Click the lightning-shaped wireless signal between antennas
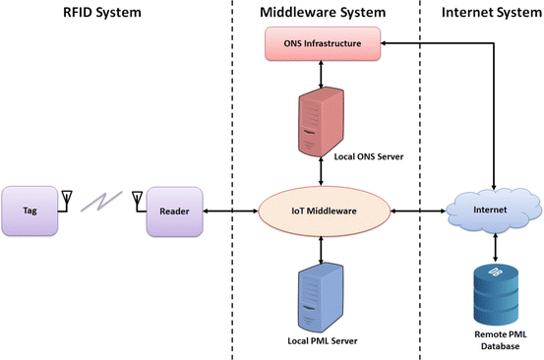click(101, 201)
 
